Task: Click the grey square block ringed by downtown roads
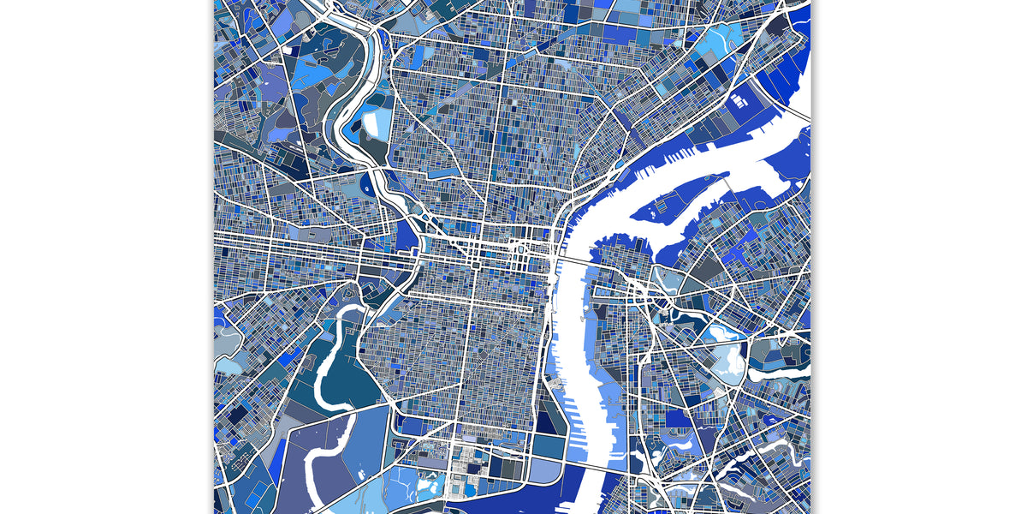pyautogui.click(x=475, y=267)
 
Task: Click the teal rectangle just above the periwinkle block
pyautogui.click(x=548, y=446)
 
